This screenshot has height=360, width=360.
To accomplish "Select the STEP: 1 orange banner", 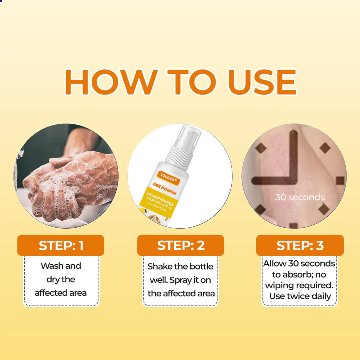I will click(61, 245).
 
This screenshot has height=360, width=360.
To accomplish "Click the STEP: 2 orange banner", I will click(181, 245).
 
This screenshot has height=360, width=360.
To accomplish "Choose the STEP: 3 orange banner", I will click(300, 245).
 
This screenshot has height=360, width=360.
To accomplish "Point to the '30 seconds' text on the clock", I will click(300, 197).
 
